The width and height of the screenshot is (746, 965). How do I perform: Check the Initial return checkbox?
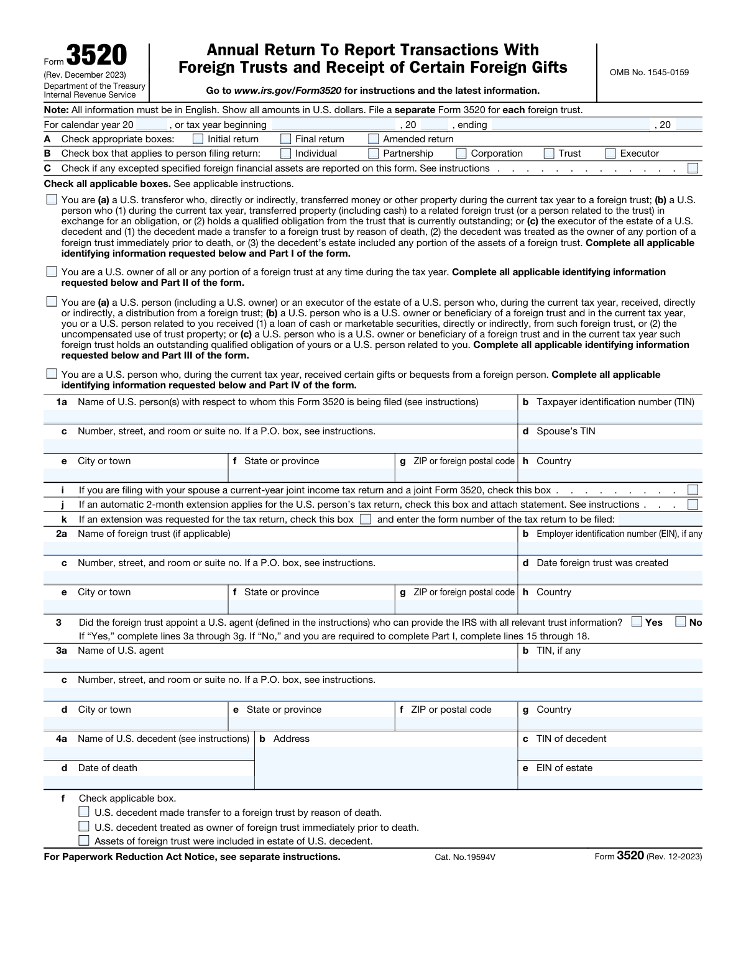(198, 139)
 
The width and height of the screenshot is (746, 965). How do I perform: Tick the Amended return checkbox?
(374, 139)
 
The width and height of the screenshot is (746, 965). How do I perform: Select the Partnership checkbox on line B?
(374, 153)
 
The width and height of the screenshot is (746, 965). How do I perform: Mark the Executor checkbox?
(610, 153)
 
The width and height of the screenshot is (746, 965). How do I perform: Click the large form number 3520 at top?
(96, 56)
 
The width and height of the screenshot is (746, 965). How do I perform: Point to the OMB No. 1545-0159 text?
(649, 72)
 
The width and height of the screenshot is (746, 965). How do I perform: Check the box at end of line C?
(693, 168)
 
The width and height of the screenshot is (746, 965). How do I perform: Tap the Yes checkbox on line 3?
(637, 621)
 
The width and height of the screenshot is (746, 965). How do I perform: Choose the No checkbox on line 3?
(681, 621)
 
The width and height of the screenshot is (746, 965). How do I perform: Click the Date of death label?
(108, 768)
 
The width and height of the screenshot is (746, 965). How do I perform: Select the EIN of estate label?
(564, 768)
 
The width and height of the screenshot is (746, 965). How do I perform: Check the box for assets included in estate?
(84, 841)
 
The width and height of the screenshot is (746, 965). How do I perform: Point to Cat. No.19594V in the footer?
(465, 857)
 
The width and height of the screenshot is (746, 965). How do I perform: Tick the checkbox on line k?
(366, 519)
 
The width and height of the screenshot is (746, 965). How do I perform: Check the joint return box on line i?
(693, 490)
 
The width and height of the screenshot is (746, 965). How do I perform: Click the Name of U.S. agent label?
(121, 651)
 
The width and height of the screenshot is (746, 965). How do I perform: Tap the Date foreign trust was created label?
(602, 563)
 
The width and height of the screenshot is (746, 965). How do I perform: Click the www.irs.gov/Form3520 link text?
(288, 91)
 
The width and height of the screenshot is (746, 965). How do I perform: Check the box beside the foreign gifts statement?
(52, 374)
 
